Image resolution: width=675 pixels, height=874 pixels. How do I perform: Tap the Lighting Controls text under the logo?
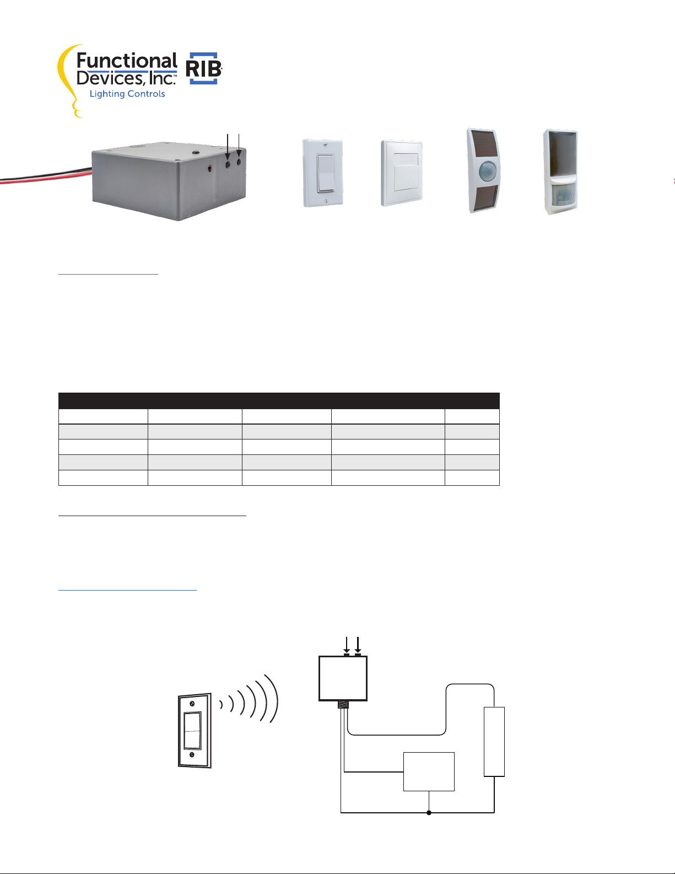click(x=127, y=94)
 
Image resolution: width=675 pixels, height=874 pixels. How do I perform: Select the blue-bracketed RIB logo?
click(x=204, y=68)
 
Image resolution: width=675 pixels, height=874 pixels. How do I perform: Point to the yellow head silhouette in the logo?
click(x=69, y=81)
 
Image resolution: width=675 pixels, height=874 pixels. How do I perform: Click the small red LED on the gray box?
click(x=210, y=168)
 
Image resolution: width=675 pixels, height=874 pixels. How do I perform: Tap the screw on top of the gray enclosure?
click(x=196, y=152)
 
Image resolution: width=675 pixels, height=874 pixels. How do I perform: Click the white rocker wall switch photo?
click(x=323, y=173)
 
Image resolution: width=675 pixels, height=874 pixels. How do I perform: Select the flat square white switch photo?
click(x=402, y=173)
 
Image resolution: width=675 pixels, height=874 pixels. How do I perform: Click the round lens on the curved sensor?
click(x=487, y=170)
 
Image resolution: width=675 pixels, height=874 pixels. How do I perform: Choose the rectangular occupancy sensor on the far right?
click(x=560, y=171)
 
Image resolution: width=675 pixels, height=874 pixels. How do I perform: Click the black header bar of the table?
click(x=279, y=400)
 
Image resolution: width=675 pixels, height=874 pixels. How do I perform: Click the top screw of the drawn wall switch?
click(x=192, y=704)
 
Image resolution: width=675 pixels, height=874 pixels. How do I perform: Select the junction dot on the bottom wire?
click(x=429, y=812)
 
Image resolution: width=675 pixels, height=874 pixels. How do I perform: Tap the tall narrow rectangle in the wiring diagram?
click(x=494, y=741)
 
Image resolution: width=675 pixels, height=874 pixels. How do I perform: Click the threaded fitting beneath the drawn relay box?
click(x=343, y=704)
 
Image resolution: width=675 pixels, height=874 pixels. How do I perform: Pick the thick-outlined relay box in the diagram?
click(x=343, y=679)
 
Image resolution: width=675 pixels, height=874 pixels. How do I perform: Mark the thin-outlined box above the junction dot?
click(x=429, y=771)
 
